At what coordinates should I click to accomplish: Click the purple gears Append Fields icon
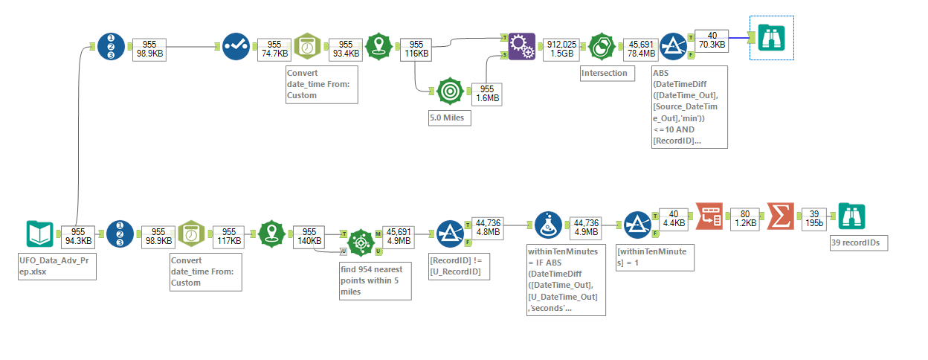click(521, 45)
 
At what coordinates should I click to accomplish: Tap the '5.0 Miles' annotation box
click(449, 118)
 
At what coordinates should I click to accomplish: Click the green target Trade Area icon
click(449, 90)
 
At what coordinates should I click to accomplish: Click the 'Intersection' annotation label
click(605, 73)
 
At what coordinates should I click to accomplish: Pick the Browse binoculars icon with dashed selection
click(772, 37)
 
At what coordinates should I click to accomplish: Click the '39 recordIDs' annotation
click(859, 243)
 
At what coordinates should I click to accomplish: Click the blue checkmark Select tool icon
click(238, 46)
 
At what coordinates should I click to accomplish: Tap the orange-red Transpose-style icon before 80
click(709, 217)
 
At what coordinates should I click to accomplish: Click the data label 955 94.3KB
click(78, 236)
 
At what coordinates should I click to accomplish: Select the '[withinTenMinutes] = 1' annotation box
click(655, 257)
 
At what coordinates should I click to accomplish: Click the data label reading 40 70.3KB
click(712, 40)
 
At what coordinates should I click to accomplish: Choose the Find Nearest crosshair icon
click(361, 240)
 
